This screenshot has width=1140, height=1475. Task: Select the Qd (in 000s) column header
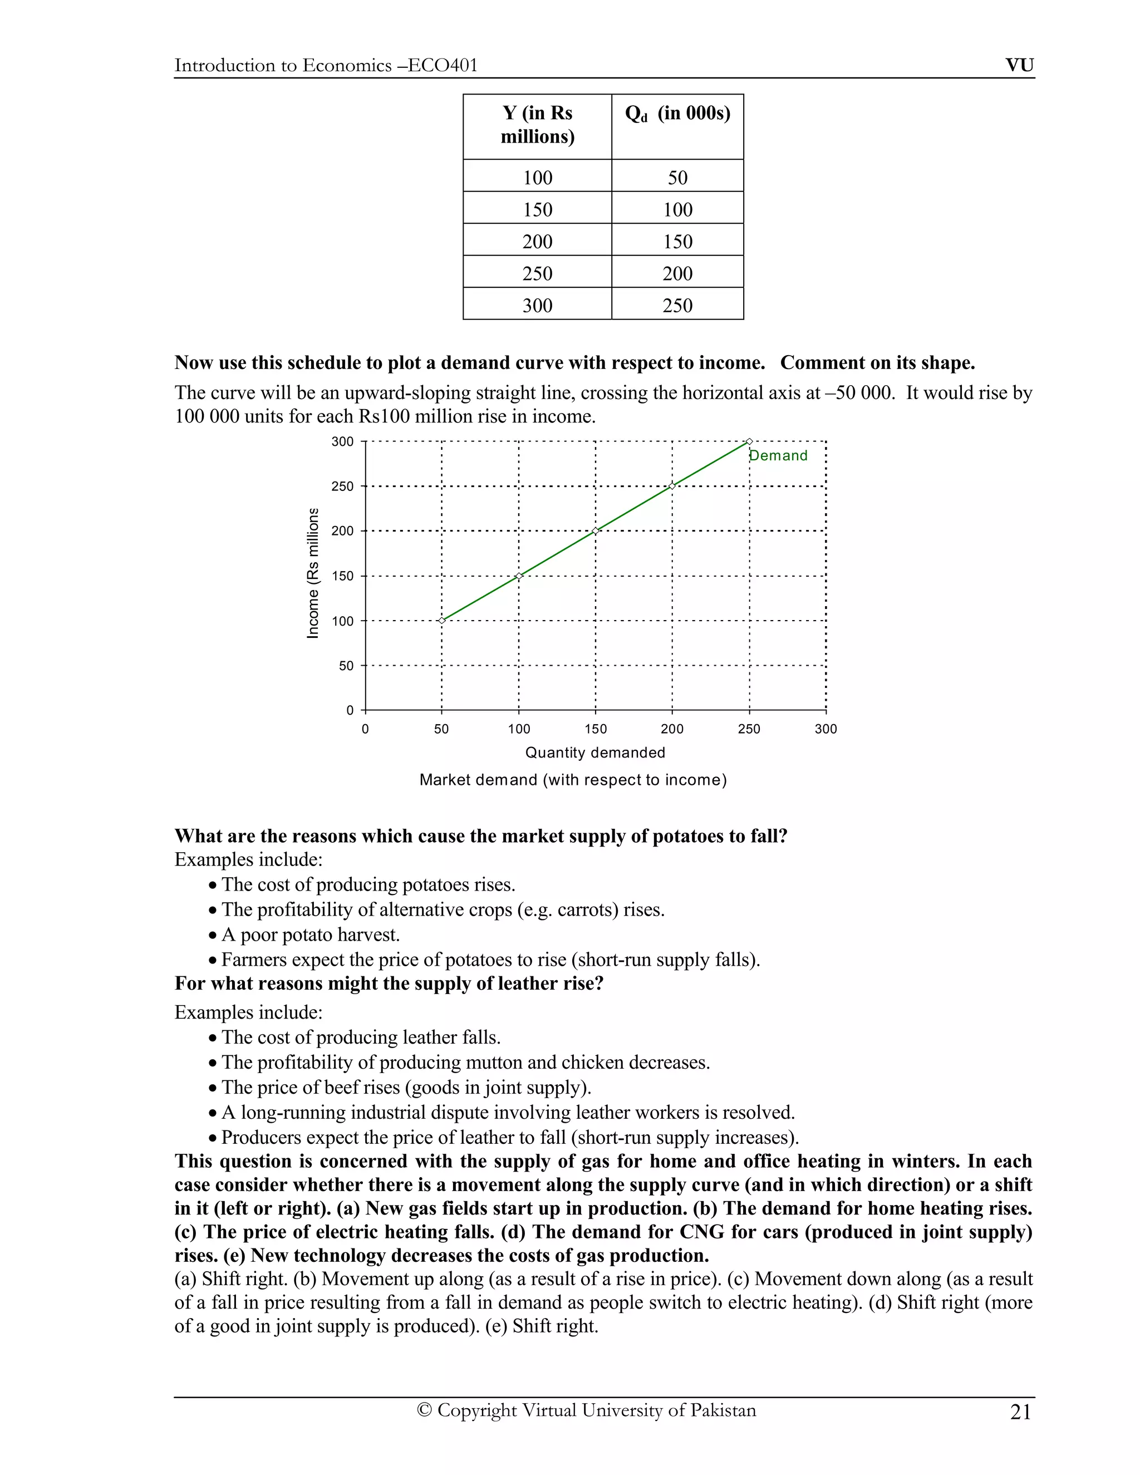point(677,114)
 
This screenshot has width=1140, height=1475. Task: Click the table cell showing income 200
point(537,241)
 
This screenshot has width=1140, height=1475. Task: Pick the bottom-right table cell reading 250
point(677,305)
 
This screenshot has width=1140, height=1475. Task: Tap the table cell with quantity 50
point(677,178)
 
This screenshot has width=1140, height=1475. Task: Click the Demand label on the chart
point(778,456)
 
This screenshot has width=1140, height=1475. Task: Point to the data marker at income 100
point(441,620)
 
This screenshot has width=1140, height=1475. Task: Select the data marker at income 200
point(595,531)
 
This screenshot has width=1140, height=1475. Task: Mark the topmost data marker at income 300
point(749,442)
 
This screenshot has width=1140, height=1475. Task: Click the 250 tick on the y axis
point(342,486)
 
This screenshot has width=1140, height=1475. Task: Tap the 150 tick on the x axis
point(595,729)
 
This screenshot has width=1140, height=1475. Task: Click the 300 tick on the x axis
point(825,729)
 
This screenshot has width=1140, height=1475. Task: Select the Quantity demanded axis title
point(595,753)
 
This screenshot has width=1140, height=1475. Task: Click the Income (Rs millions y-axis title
point(313,573)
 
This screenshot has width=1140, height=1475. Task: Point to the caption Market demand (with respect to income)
point(573,780)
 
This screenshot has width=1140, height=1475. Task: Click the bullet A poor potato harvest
point(311,935)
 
